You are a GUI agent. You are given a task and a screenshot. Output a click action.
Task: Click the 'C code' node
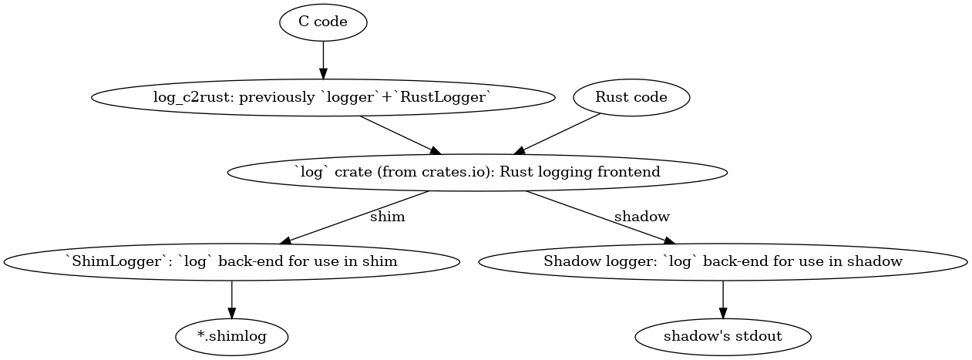click(323, 22)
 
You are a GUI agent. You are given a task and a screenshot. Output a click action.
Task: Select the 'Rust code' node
click(631, 97)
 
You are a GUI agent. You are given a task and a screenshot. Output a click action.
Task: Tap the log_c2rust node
click(323, 97)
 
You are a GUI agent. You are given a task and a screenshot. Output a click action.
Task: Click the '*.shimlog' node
click(231, 336)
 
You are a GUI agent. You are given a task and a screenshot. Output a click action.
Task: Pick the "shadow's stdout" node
click(722, 336)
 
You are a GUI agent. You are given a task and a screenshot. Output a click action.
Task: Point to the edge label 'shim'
click(387, 217)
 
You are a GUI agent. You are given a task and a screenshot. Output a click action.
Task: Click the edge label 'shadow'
click(641, 217)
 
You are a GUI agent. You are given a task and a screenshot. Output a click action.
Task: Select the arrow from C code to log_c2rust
click(323, 59)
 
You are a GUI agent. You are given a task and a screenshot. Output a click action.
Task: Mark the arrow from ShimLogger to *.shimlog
click(231, 298)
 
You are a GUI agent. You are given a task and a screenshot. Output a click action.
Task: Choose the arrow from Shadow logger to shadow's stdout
click(722, 298)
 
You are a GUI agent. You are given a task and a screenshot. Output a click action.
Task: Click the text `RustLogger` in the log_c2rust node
click(449, 97)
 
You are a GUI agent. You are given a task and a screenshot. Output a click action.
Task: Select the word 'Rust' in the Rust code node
click(612, 97)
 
